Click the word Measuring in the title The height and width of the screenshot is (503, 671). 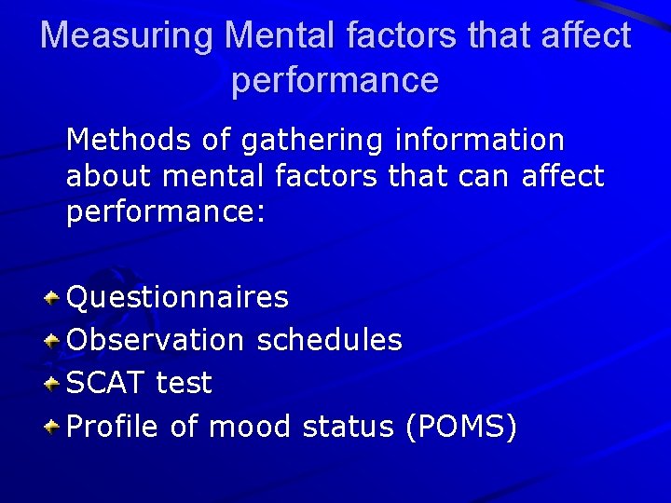click(127, 36)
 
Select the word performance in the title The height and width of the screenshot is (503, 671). click(335, 81)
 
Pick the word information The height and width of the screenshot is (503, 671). click(480, 141)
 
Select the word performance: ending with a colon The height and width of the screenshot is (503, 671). click(166, 211)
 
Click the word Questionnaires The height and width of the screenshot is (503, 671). click(178, 298)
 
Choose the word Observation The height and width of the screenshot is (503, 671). click(156, 340)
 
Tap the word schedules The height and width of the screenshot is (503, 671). click(329, 340)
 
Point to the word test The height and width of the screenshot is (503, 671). click(184, 383)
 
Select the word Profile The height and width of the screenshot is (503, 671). click(114, 427)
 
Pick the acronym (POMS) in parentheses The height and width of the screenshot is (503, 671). click(460, 427)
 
